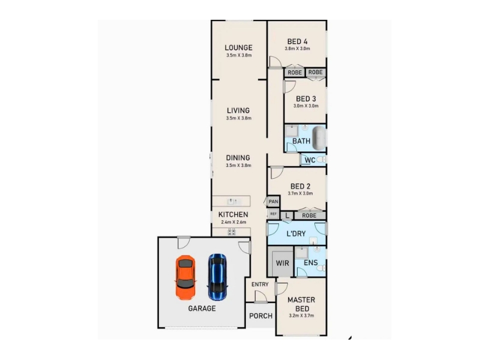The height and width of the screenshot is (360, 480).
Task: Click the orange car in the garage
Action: click(185, 278)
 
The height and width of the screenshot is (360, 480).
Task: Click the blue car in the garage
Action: click(217, 277)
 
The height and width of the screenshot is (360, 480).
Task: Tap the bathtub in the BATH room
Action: click(319, 138)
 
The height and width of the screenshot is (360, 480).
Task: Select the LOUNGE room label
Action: click(238, 48)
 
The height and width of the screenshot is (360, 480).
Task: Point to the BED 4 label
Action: click(297, 41)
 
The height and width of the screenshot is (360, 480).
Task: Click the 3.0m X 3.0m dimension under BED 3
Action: click(306, 106)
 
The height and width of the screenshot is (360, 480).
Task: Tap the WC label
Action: click(310, 160)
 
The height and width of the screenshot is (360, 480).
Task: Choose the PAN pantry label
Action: click(274, 202)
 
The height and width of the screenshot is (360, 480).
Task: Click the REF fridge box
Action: click(274, 214)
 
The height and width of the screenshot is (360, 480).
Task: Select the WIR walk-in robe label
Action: click(282, 263)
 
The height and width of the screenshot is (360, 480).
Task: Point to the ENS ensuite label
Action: click(311, 263)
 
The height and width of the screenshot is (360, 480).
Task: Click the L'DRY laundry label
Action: click(296, 234)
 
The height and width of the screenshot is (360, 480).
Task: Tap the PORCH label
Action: click(261, 316)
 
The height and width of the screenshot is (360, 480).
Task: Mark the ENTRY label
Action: click(260, 284)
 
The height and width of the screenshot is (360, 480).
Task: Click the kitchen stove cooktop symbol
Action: click(232, 232)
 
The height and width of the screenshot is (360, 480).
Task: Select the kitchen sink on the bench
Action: click(234, 202)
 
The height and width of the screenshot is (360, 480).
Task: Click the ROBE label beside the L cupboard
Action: click(309, 215)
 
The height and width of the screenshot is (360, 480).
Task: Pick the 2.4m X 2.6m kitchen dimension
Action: click(233, 222)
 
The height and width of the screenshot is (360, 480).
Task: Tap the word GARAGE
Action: click(202, 308)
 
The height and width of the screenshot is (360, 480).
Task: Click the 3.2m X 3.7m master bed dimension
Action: click(301, 316)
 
